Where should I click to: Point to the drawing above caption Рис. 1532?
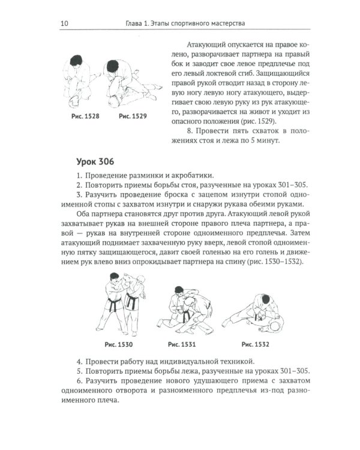(x=256, y=312)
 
